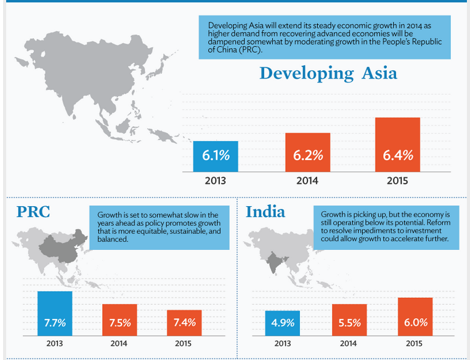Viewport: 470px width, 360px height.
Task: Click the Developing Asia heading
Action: pos(328,74)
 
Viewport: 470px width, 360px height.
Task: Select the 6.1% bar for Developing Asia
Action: pos(216,156)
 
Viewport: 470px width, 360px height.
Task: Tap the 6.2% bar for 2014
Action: pos(307,152)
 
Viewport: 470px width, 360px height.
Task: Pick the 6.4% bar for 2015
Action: pos(397,145)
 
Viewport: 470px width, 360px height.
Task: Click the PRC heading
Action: pos(33,213)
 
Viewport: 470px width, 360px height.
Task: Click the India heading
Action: pos(265,212)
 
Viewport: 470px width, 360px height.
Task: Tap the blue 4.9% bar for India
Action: pos(283,322)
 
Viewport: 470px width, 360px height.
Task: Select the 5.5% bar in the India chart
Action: pos(349,319)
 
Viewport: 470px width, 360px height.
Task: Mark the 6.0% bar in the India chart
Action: pos(415,316)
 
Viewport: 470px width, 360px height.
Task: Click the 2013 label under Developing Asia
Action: pos(216,181)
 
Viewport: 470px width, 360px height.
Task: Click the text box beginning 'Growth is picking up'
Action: pos(386,226)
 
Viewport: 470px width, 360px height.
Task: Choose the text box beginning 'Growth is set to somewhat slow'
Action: pos(159,226)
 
